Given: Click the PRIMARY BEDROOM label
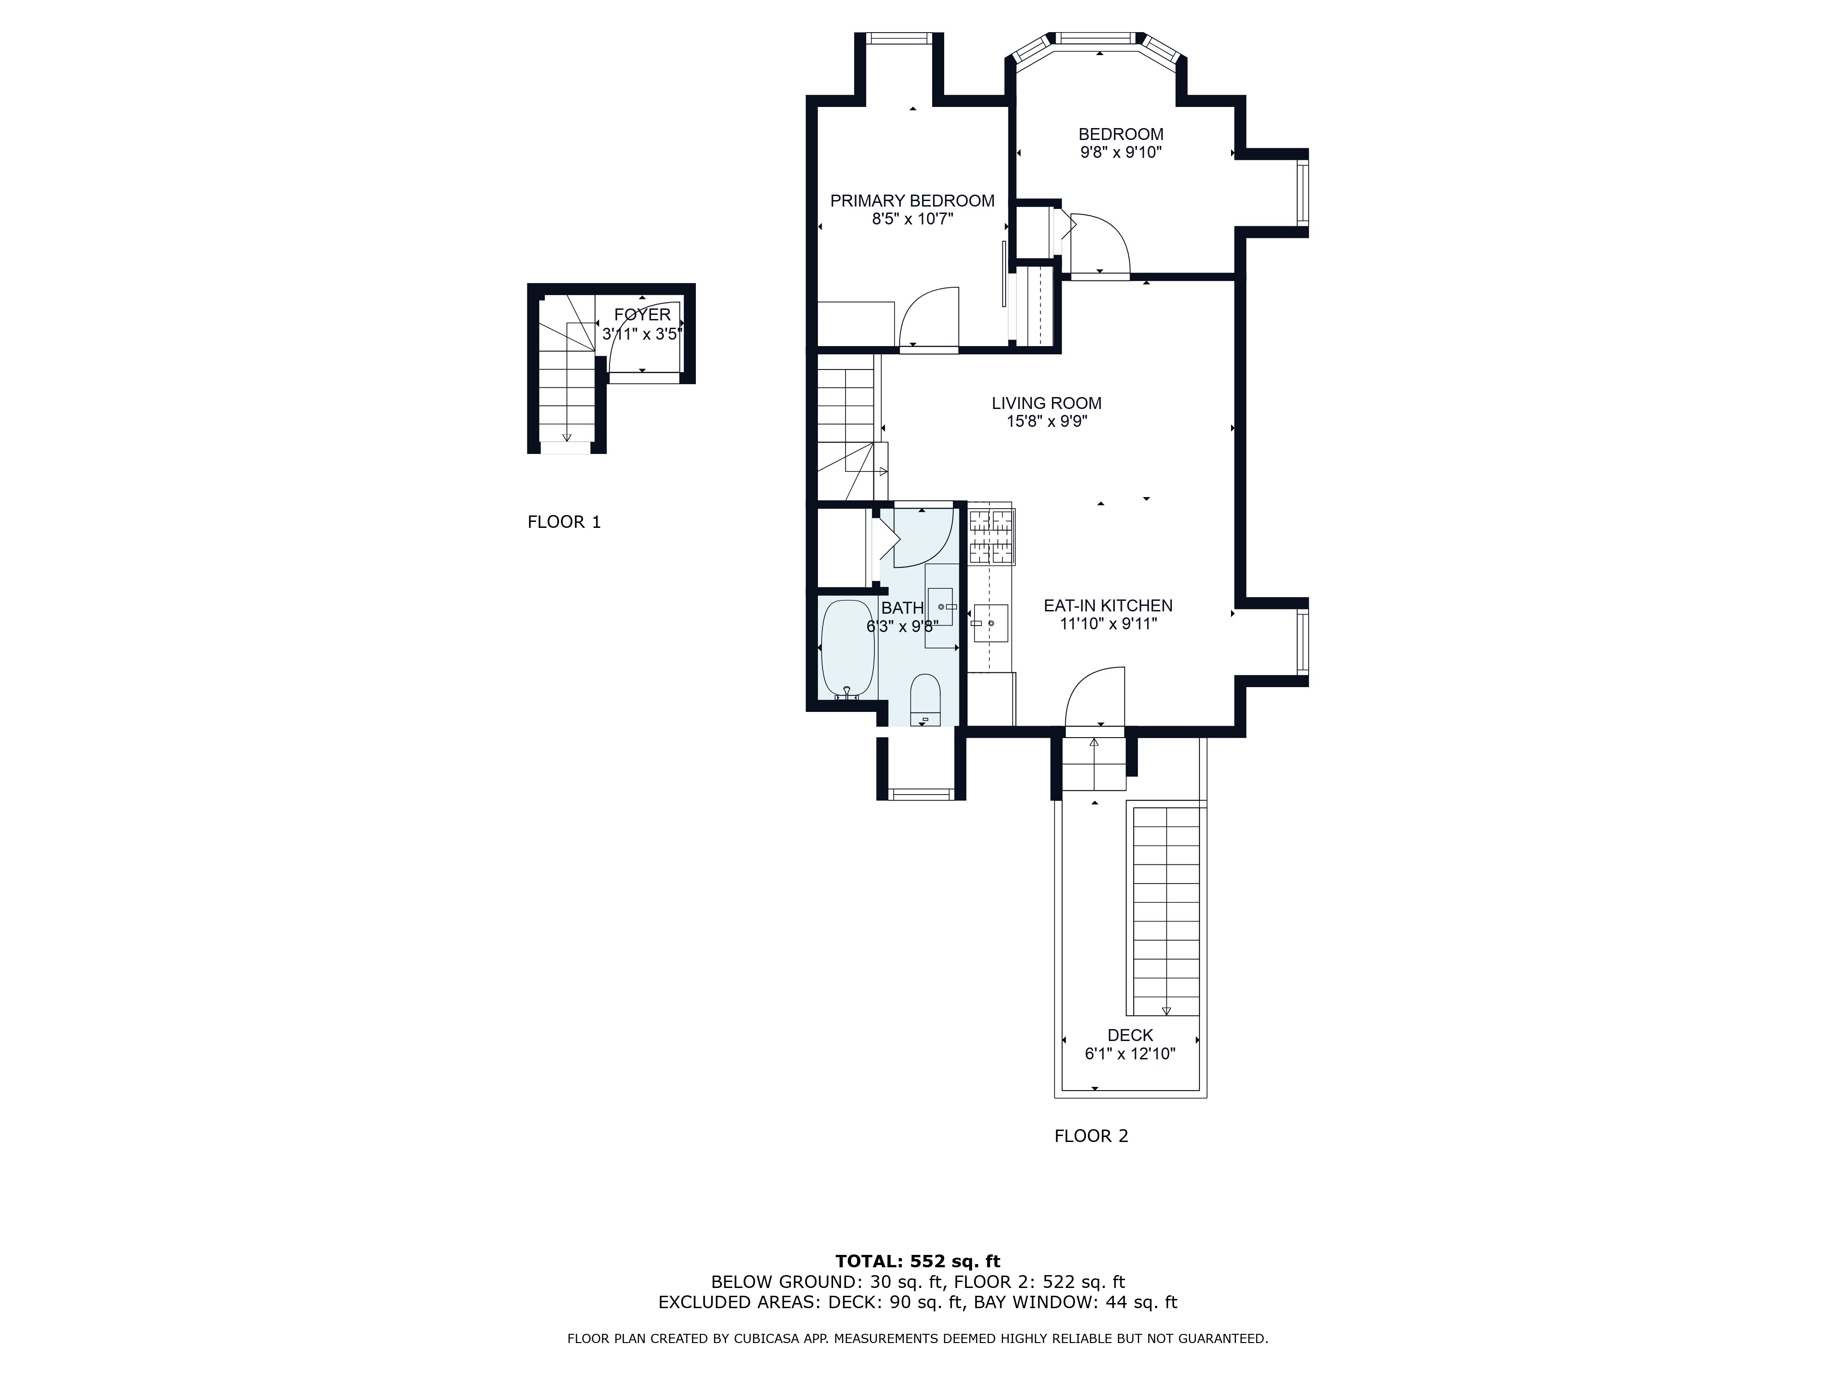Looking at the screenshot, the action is point(912,201).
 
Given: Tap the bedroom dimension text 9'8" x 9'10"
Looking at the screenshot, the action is point(1120,153).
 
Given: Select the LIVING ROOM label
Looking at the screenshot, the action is point(1047,403).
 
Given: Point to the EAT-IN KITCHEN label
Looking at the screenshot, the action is point(1108,606).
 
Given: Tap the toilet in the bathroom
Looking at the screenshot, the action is point(924,700).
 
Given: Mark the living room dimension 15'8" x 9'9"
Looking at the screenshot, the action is point(1047,422).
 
